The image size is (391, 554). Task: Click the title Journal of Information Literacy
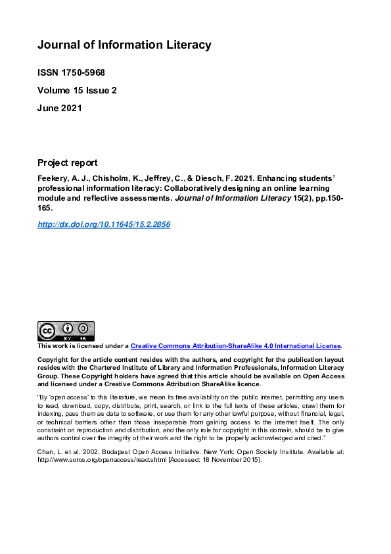pos(124,45)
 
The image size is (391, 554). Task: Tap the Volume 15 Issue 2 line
pos(77,90)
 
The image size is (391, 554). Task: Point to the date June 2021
pos(60,108)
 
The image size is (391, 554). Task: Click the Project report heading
pos(68,163)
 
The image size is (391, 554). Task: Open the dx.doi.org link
pos(104,224)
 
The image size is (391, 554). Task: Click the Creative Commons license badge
pos(66,331)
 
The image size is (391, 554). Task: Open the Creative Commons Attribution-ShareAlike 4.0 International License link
pos(235,346)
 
